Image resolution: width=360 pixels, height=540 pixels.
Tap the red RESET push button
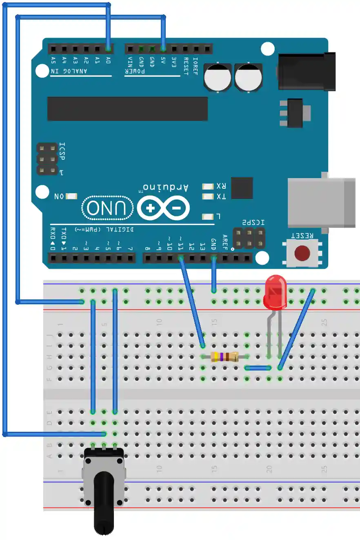pyautogui.click(x=302, y=253)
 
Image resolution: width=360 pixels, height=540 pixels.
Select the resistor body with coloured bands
pyautogui.click(x=224, y=357)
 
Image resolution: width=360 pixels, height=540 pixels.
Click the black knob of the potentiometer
pyautogui.click(x=104, y=502)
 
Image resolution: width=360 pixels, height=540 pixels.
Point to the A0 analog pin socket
pyautogui.click(x=108, y=49)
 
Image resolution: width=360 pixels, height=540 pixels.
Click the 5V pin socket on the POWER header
pyautogui.click(x=163, y=49)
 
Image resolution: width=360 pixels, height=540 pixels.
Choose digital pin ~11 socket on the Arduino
pyautogui.click(x=181, y=258)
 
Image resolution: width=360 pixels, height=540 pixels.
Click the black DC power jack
pyautogui.click(x=306, y=71)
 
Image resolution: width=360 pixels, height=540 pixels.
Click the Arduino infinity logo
pyautogui.click(x=163, y=208)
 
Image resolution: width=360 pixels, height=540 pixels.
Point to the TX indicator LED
pyautogui.click(x=208, y=196)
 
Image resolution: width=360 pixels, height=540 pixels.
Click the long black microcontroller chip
pyautogui.click(x=127, y=109)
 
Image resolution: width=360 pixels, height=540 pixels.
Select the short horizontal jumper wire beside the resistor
pyautogui.click(x=258, y=368)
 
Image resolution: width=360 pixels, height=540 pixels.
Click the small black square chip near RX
pyautogui.click(x=242, y=188)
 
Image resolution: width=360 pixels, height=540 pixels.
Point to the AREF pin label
pyautogui.click(x=224, y=241)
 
